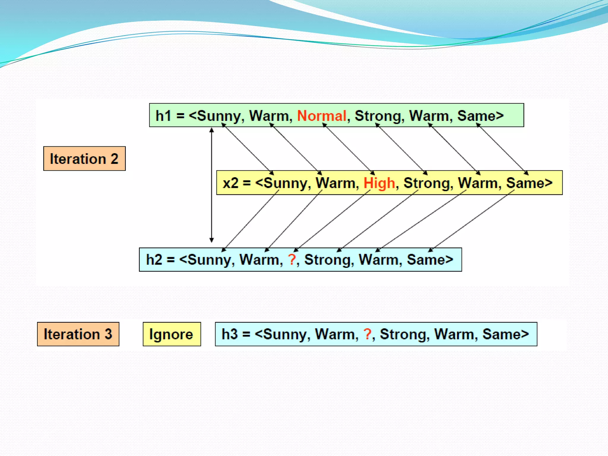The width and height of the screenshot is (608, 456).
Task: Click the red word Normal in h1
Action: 322,115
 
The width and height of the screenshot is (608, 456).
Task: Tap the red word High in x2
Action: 379,183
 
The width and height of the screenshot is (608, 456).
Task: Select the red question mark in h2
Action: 292,259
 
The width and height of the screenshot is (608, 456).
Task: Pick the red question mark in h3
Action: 367,334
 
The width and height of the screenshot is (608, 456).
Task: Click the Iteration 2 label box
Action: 84,159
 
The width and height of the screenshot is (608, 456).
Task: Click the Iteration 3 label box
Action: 78,334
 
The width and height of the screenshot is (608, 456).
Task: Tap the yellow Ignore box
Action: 172,334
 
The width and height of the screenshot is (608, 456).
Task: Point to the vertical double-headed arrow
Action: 212,184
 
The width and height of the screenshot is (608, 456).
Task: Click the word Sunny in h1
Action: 218,116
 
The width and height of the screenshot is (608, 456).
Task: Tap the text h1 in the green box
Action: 163,115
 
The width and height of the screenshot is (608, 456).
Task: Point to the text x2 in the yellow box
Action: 230,183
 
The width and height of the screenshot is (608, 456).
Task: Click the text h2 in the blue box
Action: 154,259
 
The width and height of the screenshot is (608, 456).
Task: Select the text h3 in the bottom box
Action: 229,334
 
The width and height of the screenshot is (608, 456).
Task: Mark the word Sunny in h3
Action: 285,335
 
